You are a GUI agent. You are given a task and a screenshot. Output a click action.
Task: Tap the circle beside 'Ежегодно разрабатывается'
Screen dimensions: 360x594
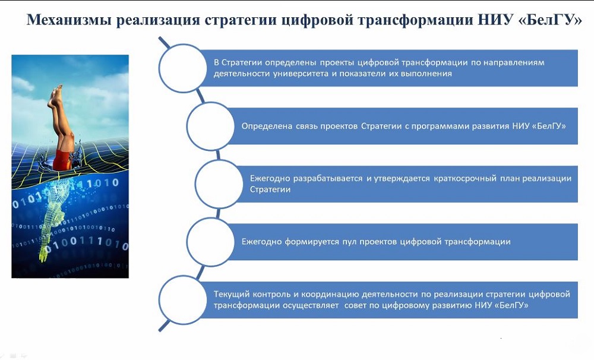click(x=218, y=184)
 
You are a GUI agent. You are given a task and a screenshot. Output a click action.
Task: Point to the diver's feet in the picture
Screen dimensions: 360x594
click(x=56, y=94)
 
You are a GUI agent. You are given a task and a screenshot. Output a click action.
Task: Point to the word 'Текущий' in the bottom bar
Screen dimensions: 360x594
click(x=229, y=294)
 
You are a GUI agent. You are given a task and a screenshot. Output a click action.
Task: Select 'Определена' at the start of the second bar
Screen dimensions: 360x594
click(x=267, y=126)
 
